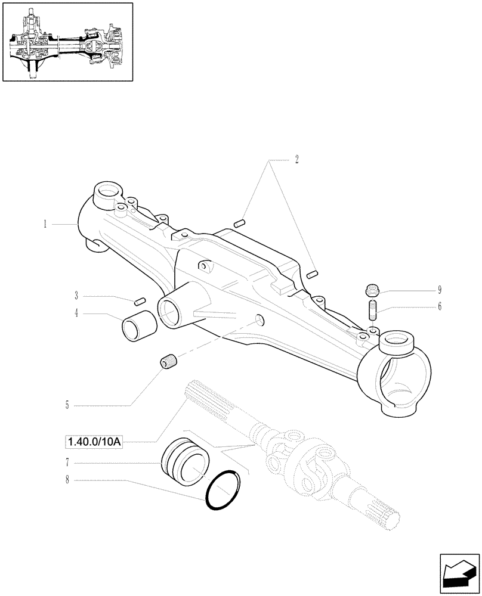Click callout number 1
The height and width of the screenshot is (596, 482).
(45, 224)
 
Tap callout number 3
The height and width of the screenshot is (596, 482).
(77, 295)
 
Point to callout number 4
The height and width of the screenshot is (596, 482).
(77, 313)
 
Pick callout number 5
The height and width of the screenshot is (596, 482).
(67, 405)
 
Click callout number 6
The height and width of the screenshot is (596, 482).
(440, 307)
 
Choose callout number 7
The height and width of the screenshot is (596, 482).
(67, 462)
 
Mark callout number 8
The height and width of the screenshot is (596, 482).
(67, 479)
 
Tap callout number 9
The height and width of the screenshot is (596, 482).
(440, 290)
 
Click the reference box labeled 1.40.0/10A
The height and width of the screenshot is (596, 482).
(92, 442)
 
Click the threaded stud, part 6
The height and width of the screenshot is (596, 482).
(371, 311)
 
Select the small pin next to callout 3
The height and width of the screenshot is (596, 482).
(141, 300)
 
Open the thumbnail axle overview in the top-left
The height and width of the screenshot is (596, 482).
(67, 42)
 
